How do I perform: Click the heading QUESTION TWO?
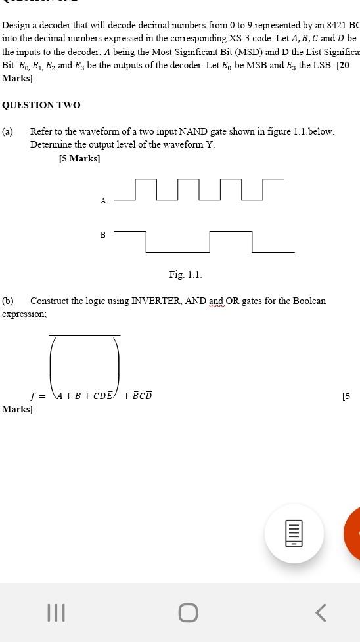pyautogui.click(x=41, y=105)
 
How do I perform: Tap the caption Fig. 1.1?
pyautogui.click(x=185, y=274)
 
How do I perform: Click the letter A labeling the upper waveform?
pyautogui.click(x=103, y=201)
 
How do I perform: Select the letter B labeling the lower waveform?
pyautogui.click(x=103, y=234)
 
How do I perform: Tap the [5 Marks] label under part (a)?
pyautogui.click(x=79, y=158)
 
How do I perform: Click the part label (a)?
pyautogui.click(x=7, y=131)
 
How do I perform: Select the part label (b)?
pyautogui.click(x=7, y=301)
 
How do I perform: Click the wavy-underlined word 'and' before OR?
pyautogui.click(x=217, y=301)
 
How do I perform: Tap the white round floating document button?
pyautogui.click(x=294, y=533)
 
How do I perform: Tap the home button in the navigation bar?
pyautogui.click(x=188, y=612)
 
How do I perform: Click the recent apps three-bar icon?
pyautogui.click(x=56, y=612)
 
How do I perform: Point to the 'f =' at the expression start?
pyautogui.click(x=38, y=396)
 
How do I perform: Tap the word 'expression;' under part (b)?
pyautogui.click(x=24, y=314)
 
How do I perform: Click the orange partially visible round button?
pyautogui.click(x=353, y=533)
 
